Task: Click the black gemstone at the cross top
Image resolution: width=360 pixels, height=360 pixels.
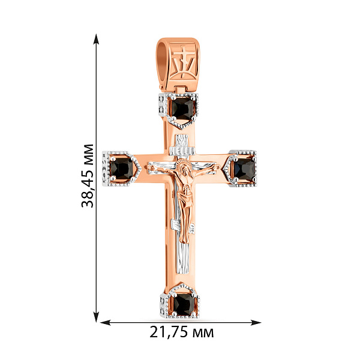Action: [x=183, y=108]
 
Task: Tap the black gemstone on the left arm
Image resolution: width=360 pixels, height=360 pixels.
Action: [x=122, y=169]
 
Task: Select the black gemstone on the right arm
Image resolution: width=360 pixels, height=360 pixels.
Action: [x=244, y=169]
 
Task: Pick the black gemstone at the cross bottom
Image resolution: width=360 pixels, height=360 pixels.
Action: [x=184, y=304]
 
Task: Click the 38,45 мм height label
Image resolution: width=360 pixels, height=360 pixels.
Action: [x=88, y=176]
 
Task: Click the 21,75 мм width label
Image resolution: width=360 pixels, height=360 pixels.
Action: [x=181, y=332]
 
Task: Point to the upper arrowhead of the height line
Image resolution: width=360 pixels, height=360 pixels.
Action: [x=97, y=39]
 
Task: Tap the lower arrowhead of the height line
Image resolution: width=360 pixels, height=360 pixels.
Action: [x=97, y=317]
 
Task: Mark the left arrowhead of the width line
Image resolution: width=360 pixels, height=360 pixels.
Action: [x=106, y=323]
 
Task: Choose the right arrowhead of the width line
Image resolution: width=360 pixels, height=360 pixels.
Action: [x=256, y=323]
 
